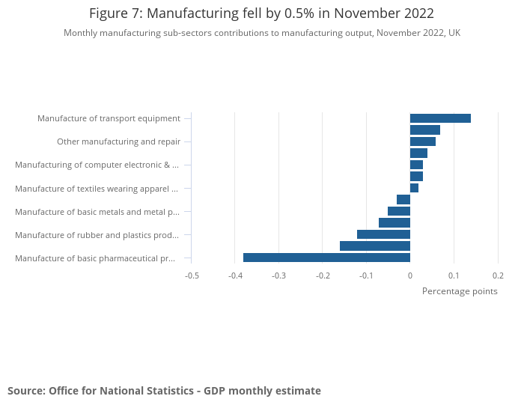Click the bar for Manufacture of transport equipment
(x=440, y=118)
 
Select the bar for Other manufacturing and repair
(x=422, y=141)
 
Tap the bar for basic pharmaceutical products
(x=326, y=258)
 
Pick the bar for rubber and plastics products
(x=383, y=234)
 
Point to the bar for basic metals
(x=399, y=211)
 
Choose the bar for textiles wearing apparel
(x=414, y=188)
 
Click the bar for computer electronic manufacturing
(x=416, y=165)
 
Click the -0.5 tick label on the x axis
(x=192, y=275)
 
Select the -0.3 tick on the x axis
(x=279, y=275)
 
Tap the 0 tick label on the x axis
(x=410, y=275)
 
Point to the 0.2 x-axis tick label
(x=498, y=275)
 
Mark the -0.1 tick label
(x=366, y=275)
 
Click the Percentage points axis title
(x=460, y=291)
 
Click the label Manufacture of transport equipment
(x=109, y=118)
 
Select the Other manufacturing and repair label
(x=118, y=141)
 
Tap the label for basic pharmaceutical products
(x=95, y=258)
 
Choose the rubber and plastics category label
(x=97, y=235)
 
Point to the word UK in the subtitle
(x=454, y=33)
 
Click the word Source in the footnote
(x=25, y=391)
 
